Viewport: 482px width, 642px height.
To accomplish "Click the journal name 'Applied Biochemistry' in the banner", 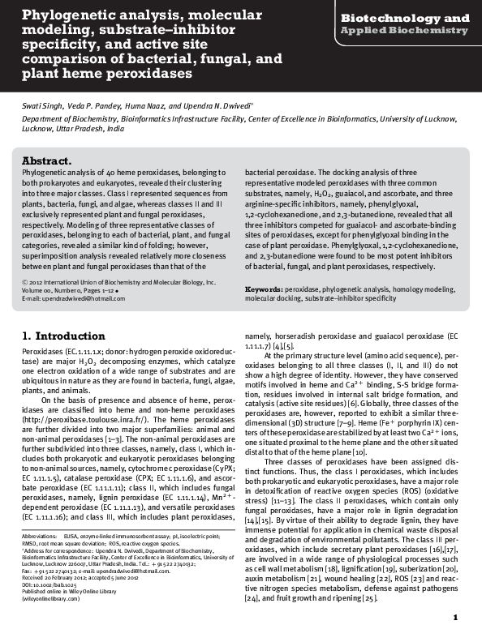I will (404, 31).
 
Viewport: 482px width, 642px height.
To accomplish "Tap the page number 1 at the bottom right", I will (455, 618).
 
